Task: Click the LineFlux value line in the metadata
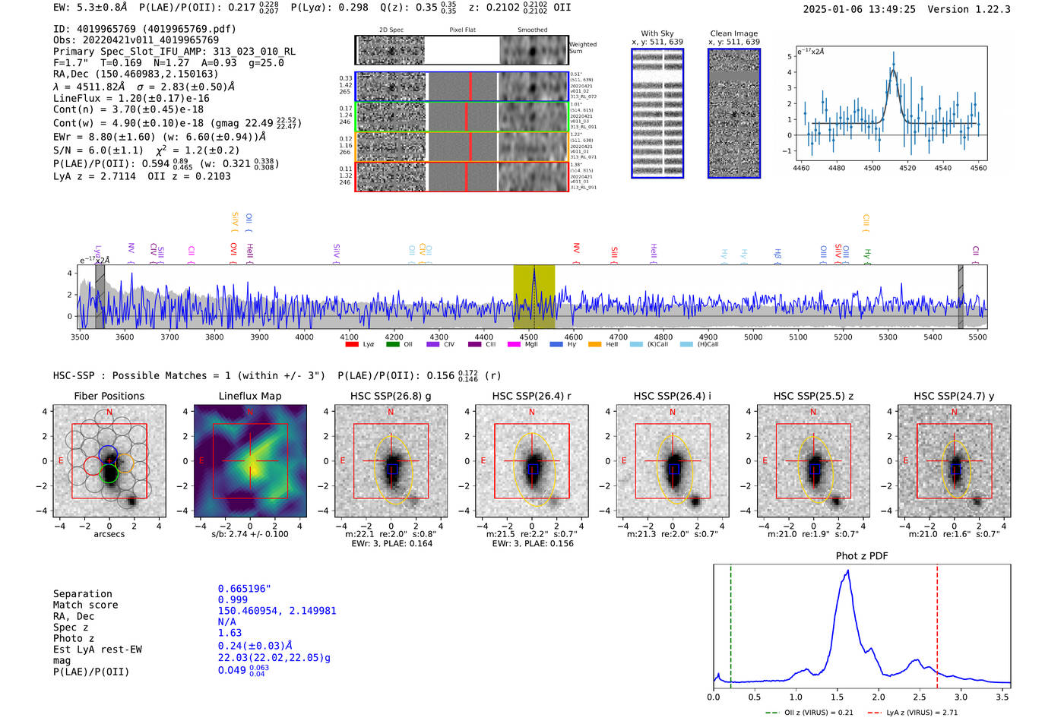[x=131, y=98]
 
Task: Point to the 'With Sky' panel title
[x=657, y=33]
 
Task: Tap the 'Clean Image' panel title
[x=733, y=33]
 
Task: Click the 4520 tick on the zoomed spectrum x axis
[x=907, y=168]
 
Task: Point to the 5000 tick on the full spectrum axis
[x=753, y=337]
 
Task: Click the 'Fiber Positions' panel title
[x=109, y=396]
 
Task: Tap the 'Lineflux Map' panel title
[x=249, y=396]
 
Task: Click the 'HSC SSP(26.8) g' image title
[x=391, y=396]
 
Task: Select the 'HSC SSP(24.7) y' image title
[x=954, y=396]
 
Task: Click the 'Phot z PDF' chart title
[x=862, y=556]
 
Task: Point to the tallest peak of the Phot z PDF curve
[x=847, y=571]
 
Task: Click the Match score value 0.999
[x=233, y=599]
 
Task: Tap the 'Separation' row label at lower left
[x=82, y=594]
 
